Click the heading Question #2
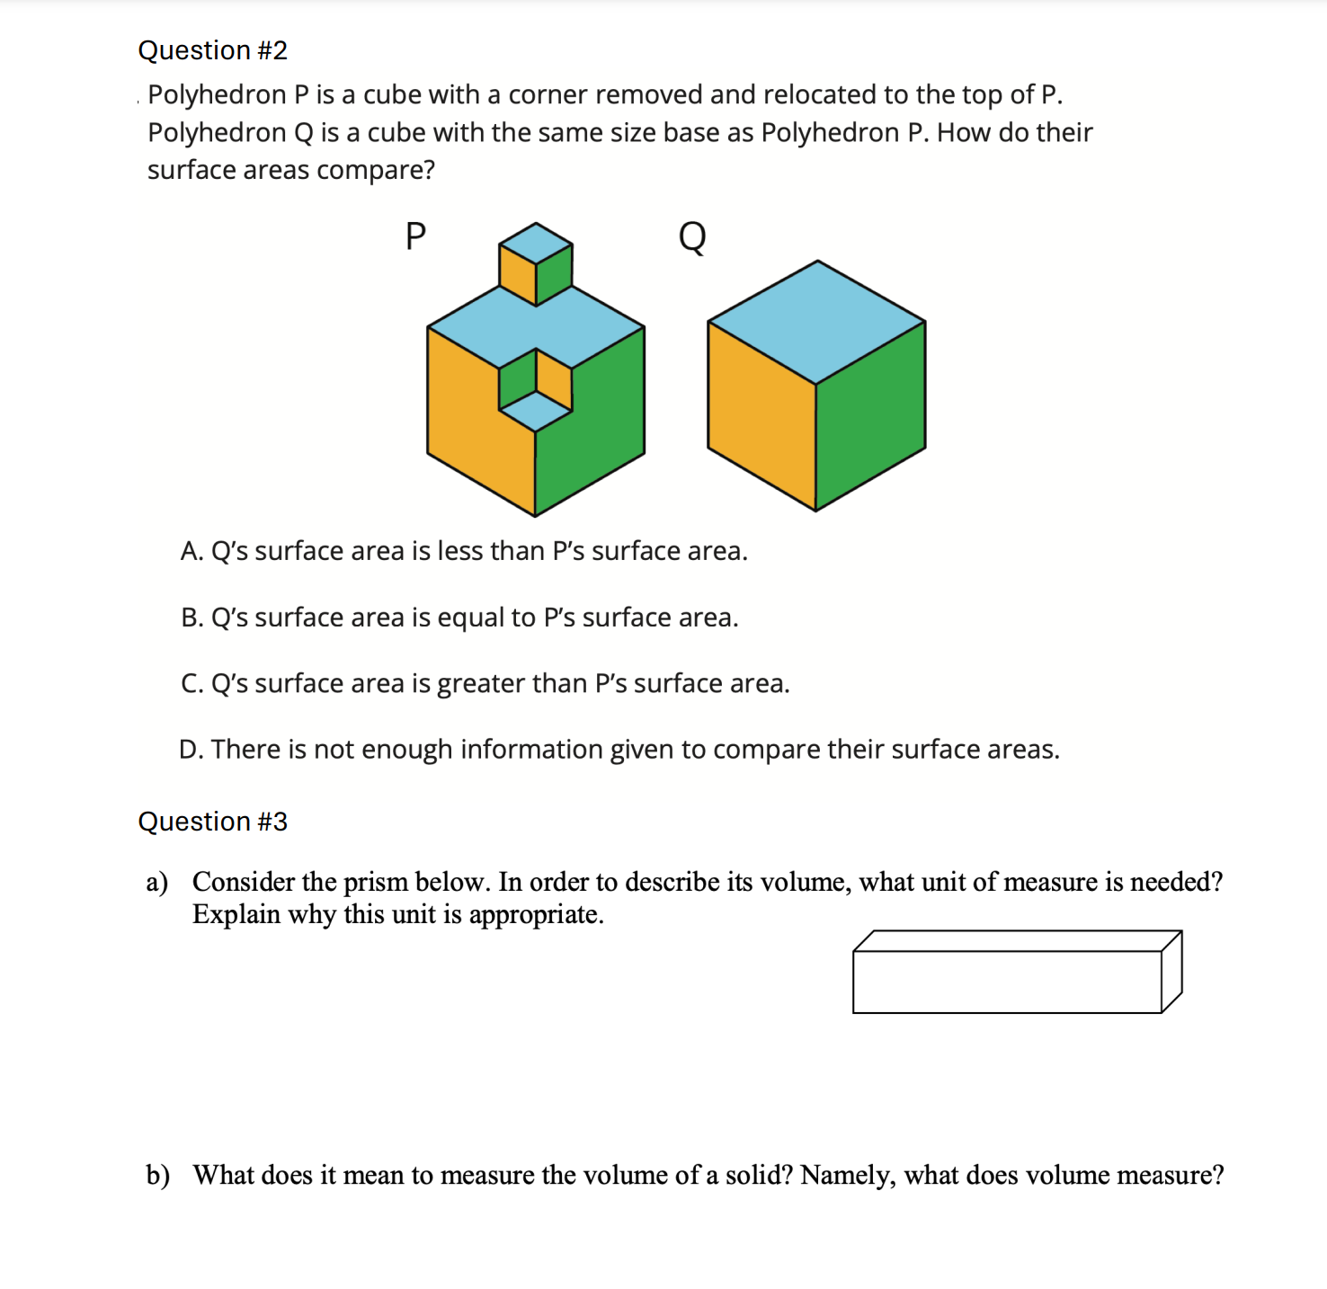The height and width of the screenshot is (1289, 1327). click(212, 50)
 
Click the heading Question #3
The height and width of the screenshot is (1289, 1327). click(212, 822)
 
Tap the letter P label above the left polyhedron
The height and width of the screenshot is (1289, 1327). click(415, 236)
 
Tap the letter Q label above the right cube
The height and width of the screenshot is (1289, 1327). click(691, 237)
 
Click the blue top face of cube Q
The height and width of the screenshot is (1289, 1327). click(816, 322)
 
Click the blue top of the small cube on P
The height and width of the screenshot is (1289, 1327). click(536, 243)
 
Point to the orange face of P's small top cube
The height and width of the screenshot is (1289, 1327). click(517, 273)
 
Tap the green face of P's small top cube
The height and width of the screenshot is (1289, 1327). click(555, 273)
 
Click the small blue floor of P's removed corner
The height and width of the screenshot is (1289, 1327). click(536, 412)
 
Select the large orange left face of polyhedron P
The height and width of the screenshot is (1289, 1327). click(468, 413)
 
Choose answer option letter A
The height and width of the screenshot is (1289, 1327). click(191, 551)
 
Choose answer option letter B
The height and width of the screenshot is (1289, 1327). click(191, 618)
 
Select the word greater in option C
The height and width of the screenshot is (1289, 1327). click(481, 684)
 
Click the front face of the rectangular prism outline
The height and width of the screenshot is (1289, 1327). click(1007, 982)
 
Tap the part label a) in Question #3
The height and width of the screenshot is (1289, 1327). click(156, 883)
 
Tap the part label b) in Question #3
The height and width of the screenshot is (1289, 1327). click(157, 1176)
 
